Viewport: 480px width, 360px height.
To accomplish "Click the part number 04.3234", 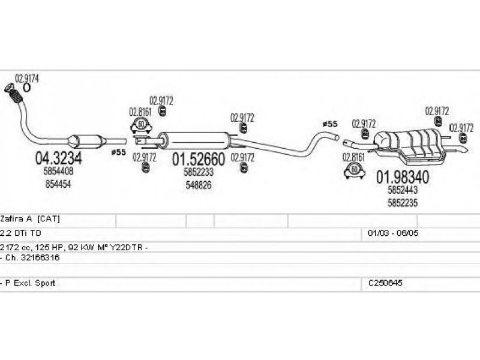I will pyautogui.click(x=58, y=158).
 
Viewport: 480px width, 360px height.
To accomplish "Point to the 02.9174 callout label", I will pyautogui.click(x=27, y=78).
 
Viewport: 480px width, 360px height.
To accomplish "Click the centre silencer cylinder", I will pyautogui.click(x=198, y=139).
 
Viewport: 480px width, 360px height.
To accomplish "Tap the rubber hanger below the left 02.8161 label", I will pyautogui.click(x=141, y=125).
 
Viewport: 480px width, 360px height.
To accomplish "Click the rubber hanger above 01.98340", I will pyautogui.click(x=355, y=171).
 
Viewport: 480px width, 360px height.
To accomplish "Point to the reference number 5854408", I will pyautogui.click(x=58, y=172).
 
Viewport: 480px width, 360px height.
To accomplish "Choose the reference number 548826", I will pyautogui.click(x=197, y=185).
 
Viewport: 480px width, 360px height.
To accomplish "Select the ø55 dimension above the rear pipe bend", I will pyautogui.click(x=330, y=124).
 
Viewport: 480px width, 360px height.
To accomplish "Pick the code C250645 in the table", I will pyautogui.click(x=384, y=283).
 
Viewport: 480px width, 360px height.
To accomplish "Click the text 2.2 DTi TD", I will pyautogui.click(x=22, y=232).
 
